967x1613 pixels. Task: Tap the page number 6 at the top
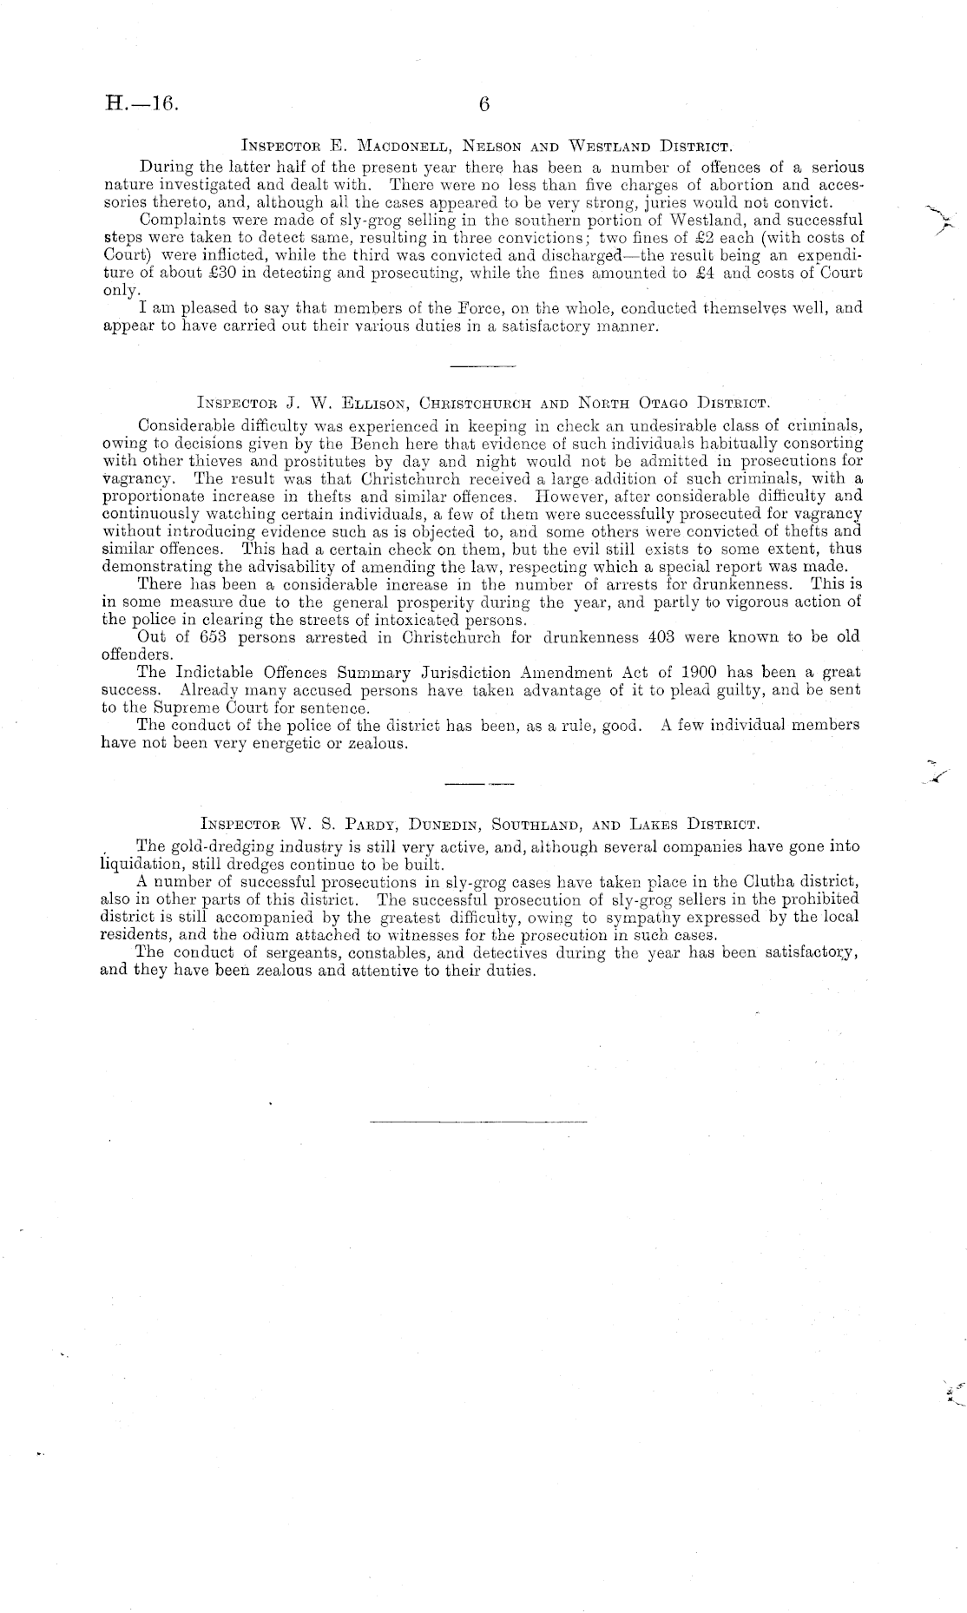pyautogui.click(x=484, y=104)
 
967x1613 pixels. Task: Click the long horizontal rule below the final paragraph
pyautogui.click(x=478, y=1123)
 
